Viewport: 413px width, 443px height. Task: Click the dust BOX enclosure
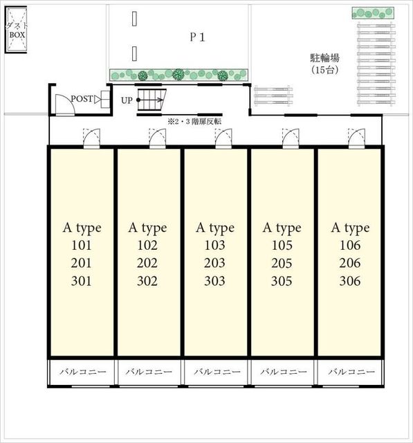tap(16, 30)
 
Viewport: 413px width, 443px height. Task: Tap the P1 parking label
tap(197, 37)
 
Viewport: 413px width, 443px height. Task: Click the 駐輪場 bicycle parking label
tap(324, 58)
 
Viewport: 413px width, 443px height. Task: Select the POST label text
tap(82, 98)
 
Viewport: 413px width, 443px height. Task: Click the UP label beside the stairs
tap(127, 100)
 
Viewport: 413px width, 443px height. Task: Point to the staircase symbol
tap(152, 100)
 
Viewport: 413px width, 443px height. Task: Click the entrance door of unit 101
tap(92, 138)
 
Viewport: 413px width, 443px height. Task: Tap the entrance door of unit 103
tap(223, 138)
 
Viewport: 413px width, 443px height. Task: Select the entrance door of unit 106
tap(357, 138)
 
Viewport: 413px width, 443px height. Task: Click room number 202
tap(147, 263)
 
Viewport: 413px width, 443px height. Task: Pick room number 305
tap(282, 281)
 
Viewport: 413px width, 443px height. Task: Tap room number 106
tap(350, 245)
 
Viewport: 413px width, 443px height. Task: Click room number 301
tap(82, 281)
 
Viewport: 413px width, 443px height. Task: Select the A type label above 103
tap(215, 228)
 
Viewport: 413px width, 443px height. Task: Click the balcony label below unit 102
tap(149, 372)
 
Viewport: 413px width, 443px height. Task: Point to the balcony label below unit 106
tap(351, 372)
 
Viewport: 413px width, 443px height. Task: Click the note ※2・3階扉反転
tap(194, 122)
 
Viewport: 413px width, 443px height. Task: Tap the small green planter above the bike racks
tap(373, 13)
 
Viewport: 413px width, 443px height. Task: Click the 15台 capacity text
tap(324, 69)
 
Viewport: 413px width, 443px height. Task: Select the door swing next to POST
tap(65, 105)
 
